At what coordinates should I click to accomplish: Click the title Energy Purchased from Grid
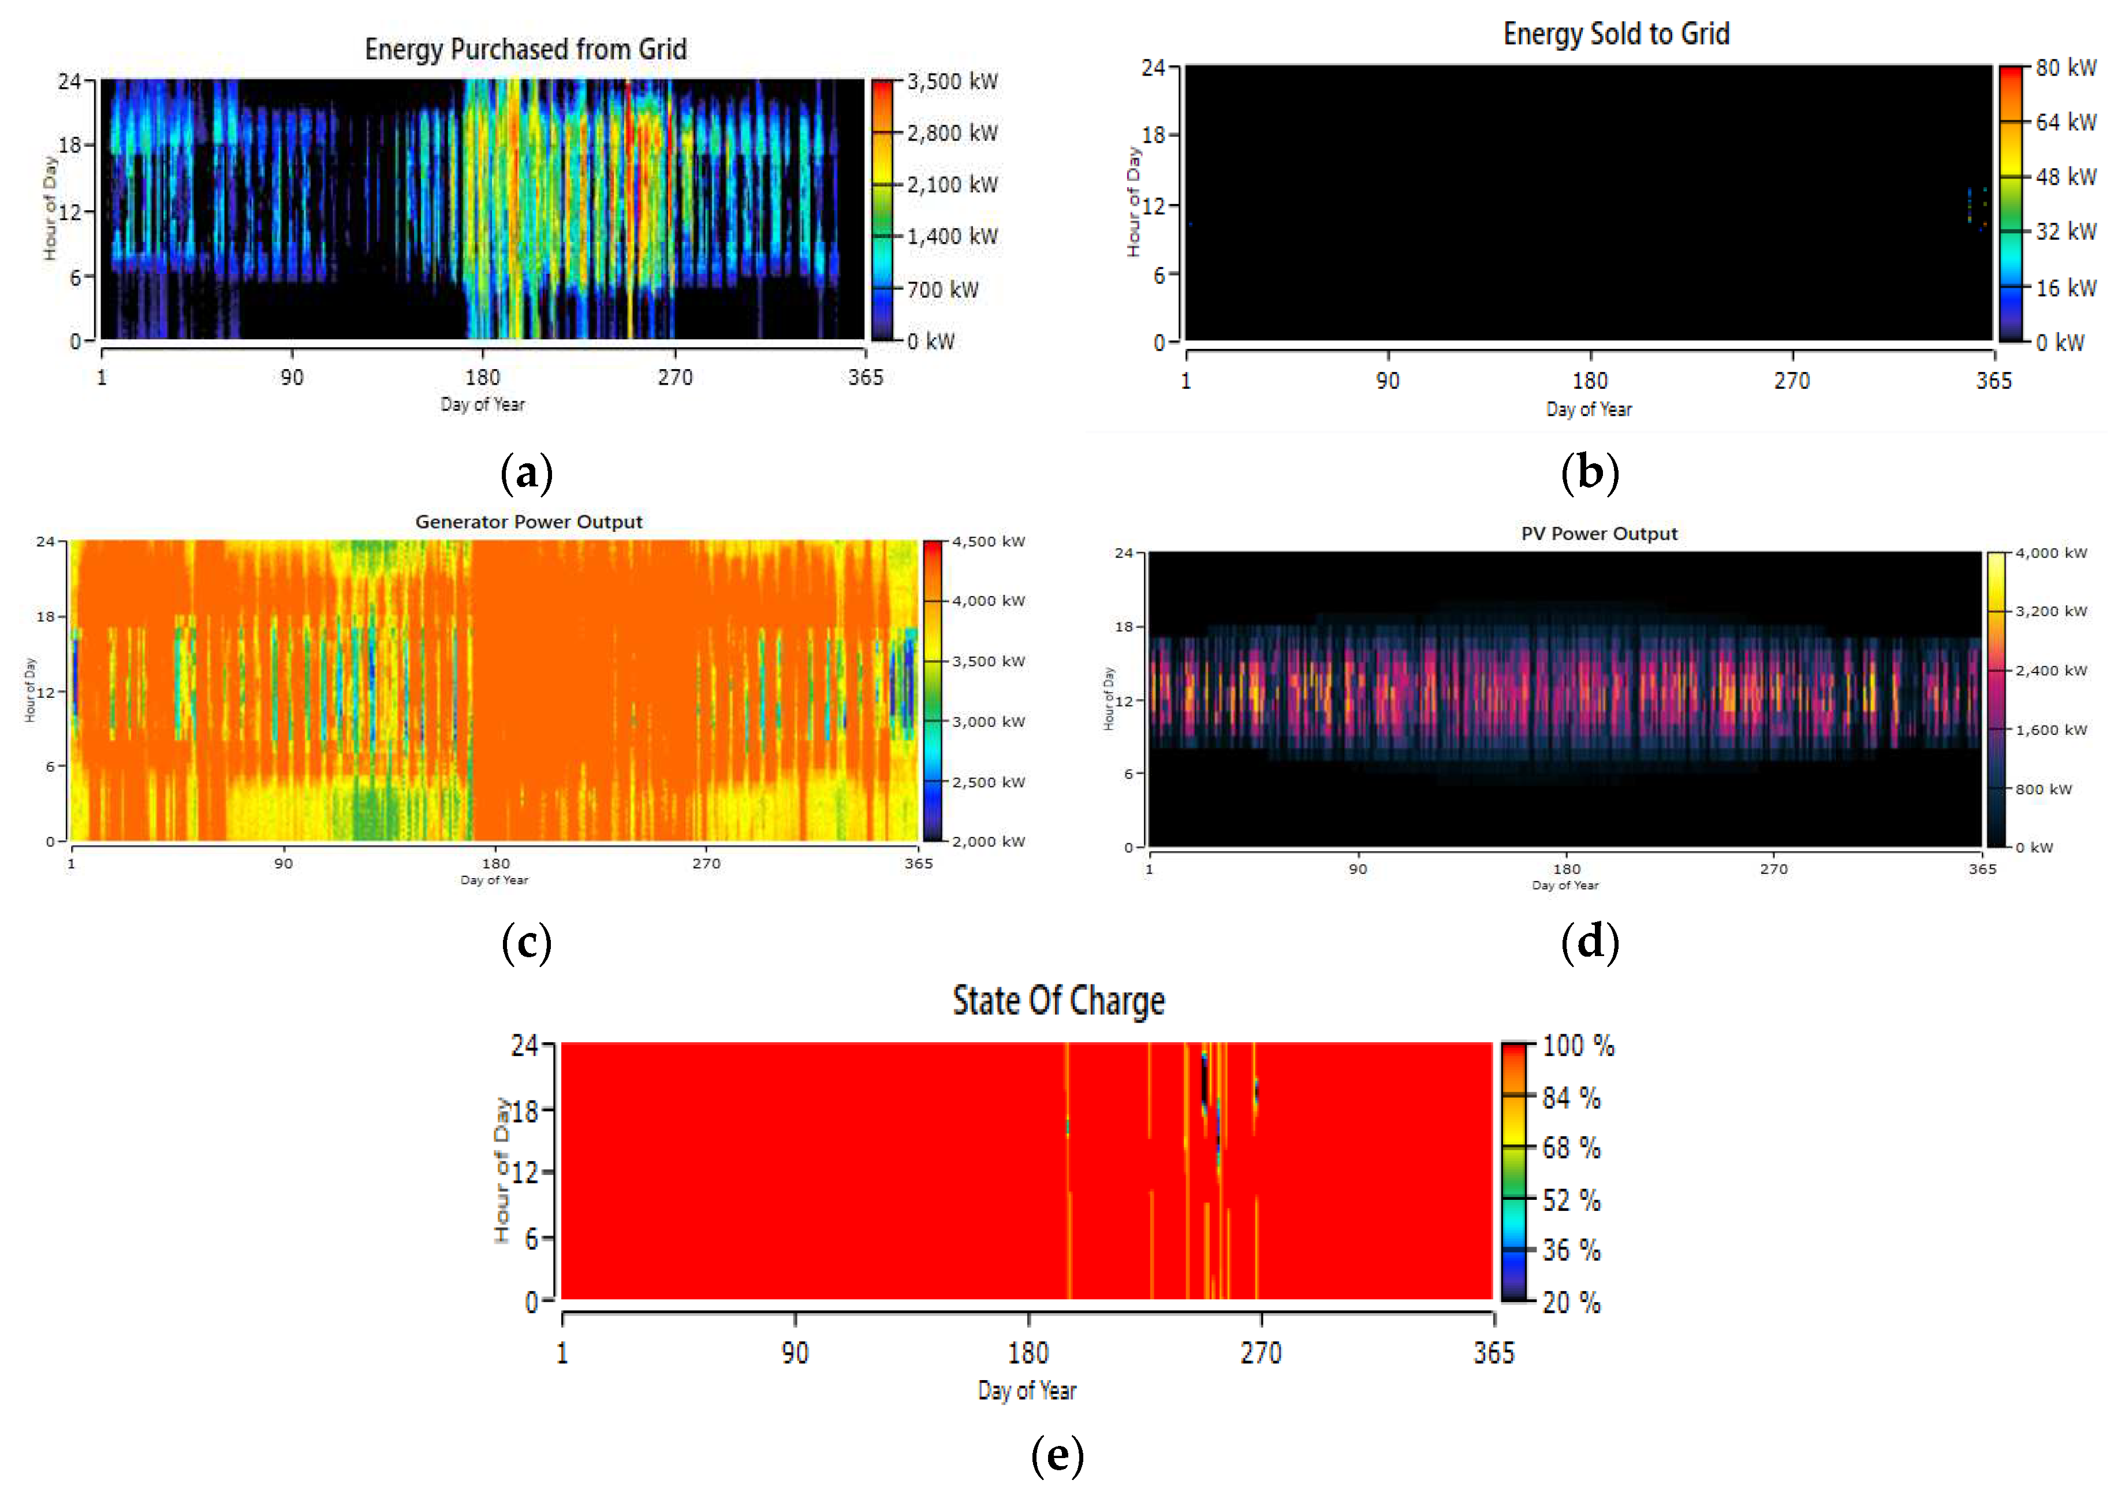(x=525, y=49)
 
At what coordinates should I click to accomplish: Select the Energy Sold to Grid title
(x=1616, y=34)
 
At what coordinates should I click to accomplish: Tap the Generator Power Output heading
(x=528, y=521)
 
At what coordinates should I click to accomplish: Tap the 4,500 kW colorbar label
(x=988, y=541)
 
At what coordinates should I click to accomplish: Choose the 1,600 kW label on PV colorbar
(x=2050, y=730)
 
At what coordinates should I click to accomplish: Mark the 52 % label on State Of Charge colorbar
(x=1571, y=1200)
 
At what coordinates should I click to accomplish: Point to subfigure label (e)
(x=1057, y=1455)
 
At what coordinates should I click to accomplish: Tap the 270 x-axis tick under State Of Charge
(x=1261, y=1353)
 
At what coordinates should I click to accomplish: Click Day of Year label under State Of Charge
(x=1027, y=1390)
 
